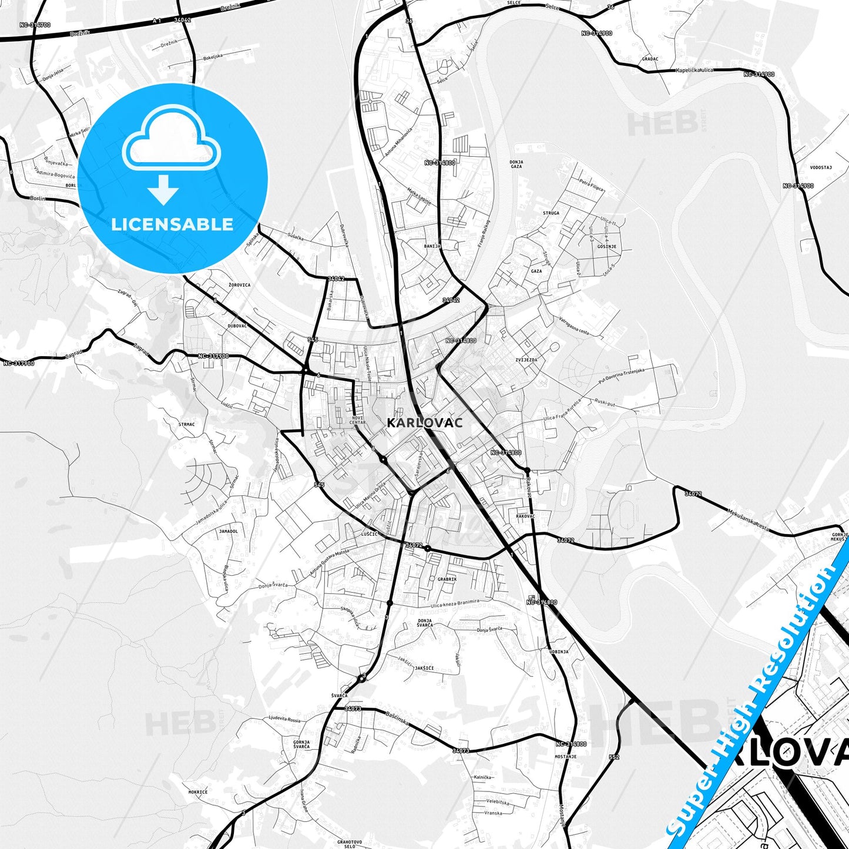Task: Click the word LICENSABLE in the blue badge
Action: tap(172, 224)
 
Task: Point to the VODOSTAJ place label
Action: tap(821, 167)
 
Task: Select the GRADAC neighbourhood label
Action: tap(650, 59)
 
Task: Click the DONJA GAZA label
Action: tap(516, 164)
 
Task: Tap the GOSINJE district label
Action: tap(607, 247)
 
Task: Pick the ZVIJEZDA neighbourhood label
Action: tap(526, 360)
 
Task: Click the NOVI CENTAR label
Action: tap(357, 420)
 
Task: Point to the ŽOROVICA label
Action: tap(239, 285)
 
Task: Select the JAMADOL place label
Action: tap(229, 531)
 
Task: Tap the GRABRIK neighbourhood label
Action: tap(447, 579)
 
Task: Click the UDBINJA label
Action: tap(559, 652)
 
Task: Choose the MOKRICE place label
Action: tap(198, 792)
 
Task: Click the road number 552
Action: tap(614, 757)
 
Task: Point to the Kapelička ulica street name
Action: tap(694, 71)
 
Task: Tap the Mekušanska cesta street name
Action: tap(748, 519)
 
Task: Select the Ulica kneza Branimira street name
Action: tap(455, 604)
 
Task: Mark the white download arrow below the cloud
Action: tap(163, 190)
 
